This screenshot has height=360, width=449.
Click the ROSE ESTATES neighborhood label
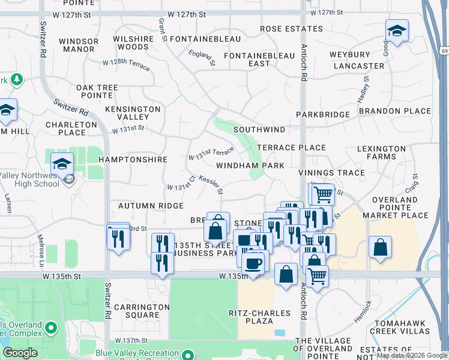point(282,28)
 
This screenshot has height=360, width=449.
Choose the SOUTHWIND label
point(259,129)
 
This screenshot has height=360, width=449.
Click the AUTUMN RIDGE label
point(151,206)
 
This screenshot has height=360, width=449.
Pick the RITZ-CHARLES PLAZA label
point(259,317)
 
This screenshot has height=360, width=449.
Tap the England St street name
point(202,58)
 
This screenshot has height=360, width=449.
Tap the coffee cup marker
point(253,263)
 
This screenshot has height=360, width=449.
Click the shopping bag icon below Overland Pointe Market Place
point(381,247)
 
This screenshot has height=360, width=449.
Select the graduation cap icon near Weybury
point(397,31)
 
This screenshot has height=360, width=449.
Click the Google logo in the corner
point(20,353)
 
